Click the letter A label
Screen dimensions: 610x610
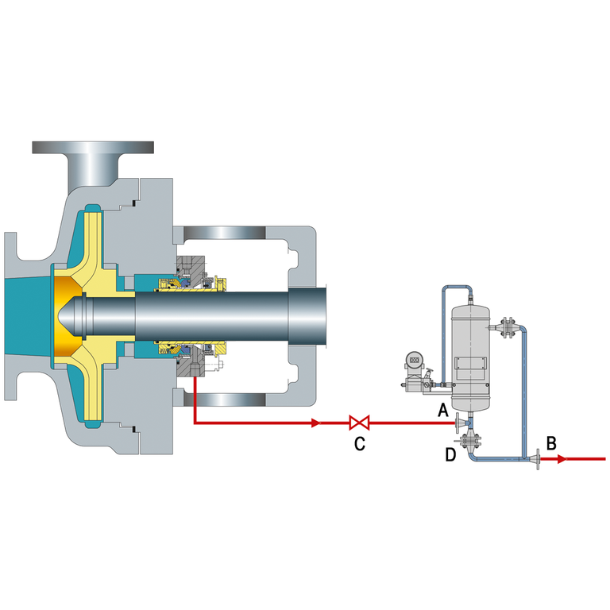click(443, 410)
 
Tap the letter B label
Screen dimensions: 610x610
click(551, 443)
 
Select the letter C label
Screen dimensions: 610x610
click(360, 444)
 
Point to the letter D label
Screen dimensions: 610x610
click(450, 454)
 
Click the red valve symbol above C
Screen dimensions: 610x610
click(360, 423)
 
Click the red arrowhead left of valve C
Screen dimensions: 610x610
click(316, 423)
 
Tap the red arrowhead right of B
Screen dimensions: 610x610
click(562, 459)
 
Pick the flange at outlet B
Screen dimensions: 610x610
click(538, 459)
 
